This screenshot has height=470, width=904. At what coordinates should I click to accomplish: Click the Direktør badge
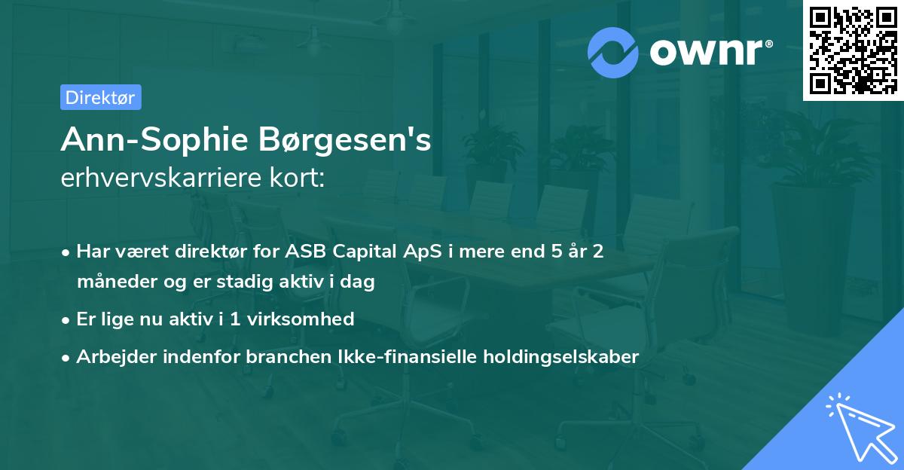click(100, 97)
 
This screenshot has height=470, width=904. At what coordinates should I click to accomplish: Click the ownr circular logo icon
click(613, 52)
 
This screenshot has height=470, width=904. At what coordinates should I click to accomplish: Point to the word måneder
click(113, 282)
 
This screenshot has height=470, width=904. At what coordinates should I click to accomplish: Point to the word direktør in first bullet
click(209, 252)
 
